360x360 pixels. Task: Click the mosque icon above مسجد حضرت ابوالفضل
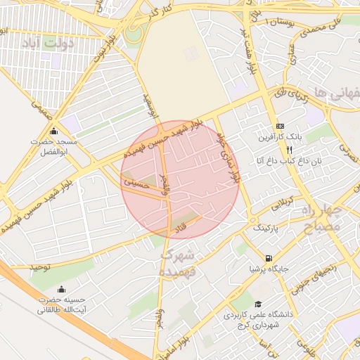tap(54, 131)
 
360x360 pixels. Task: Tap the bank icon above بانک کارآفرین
tap(281, 125)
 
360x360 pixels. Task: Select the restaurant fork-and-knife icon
tap(289, 150)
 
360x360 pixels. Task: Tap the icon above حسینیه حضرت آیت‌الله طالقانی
tap(61, 288)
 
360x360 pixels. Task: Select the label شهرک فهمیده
tap(178, 261)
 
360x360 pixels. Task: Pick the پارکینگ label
tap(265, 229)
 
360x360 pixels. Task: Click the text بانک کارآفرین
tap(280, 136)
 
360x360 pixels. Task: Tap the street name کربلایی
tap(275, 203)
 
